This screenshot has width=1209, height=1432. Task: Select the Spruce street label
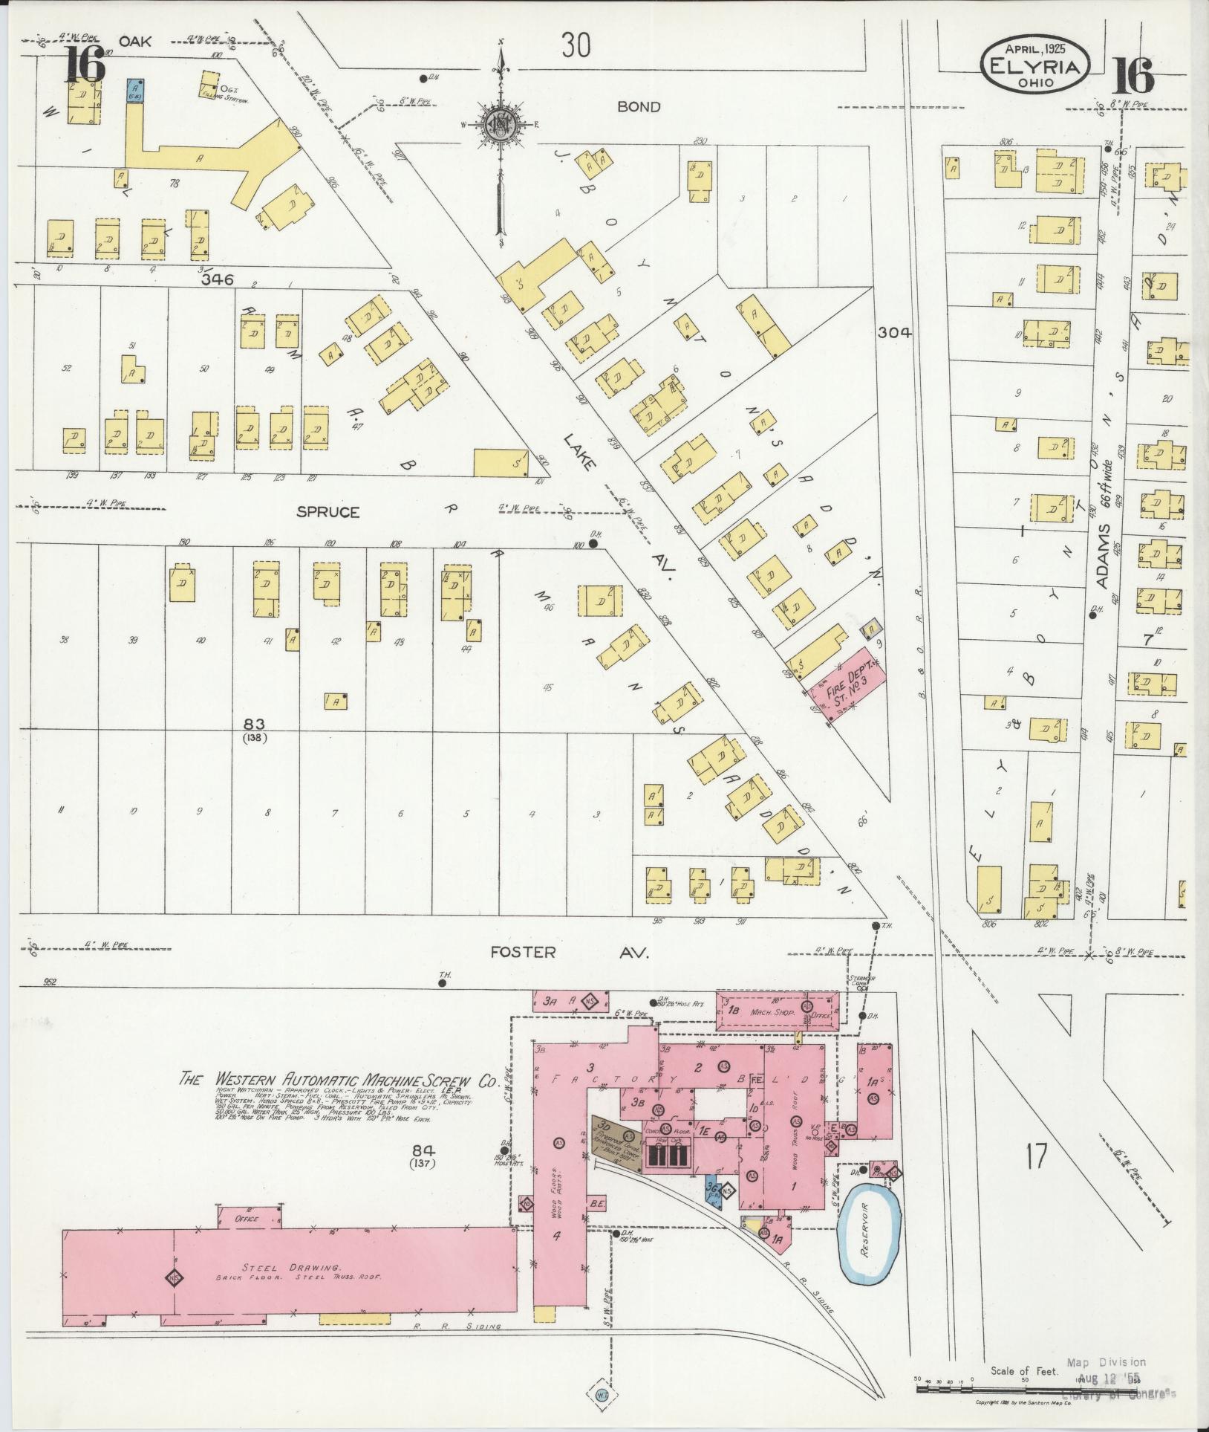pos(328,512)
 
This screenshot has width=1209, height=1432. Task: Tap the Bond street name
pos(638,107)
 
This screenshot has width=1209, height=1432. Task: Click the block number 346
pos(218,280)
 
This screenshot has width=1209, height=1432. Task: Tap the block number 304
pos(893,333)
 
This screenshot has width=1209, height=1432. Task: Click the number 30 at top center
pos(576,46)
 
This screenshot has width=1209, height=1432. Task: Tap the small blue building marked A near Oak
pos(136,90)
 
